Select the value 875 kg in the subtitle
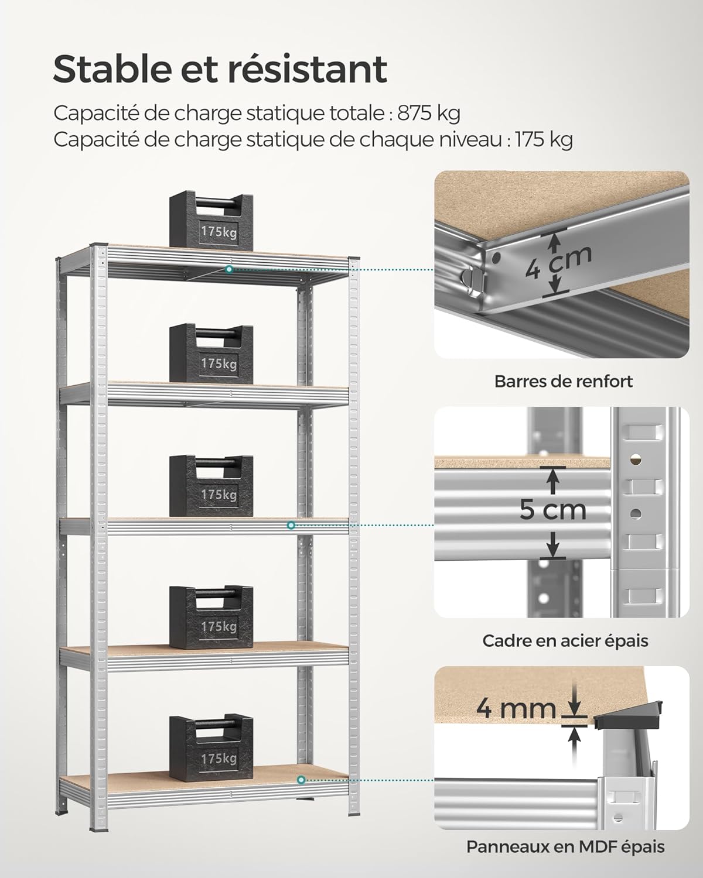[x=429, y=113]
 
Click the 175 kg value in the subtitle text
[x=544, y=140]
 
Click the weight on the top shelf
[x=211, y=219]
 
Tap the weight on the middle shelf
[x=211, y=483]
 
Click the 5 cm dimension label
[x=552, y=509]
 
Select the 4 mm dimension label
[x=516, y=708]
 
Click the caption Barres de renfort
[x=564, y=382]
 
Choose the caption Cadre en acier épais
[x=565, y=640]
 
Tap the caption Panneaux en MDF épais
[x=565, y=846]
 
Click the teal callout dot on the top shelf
[x=230, y=269]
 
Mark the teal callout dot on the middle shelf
[x=291, y=525]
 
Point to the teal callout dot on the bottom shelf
[x=301, y=780]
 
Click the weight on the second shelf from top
[x=211, y=351]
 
